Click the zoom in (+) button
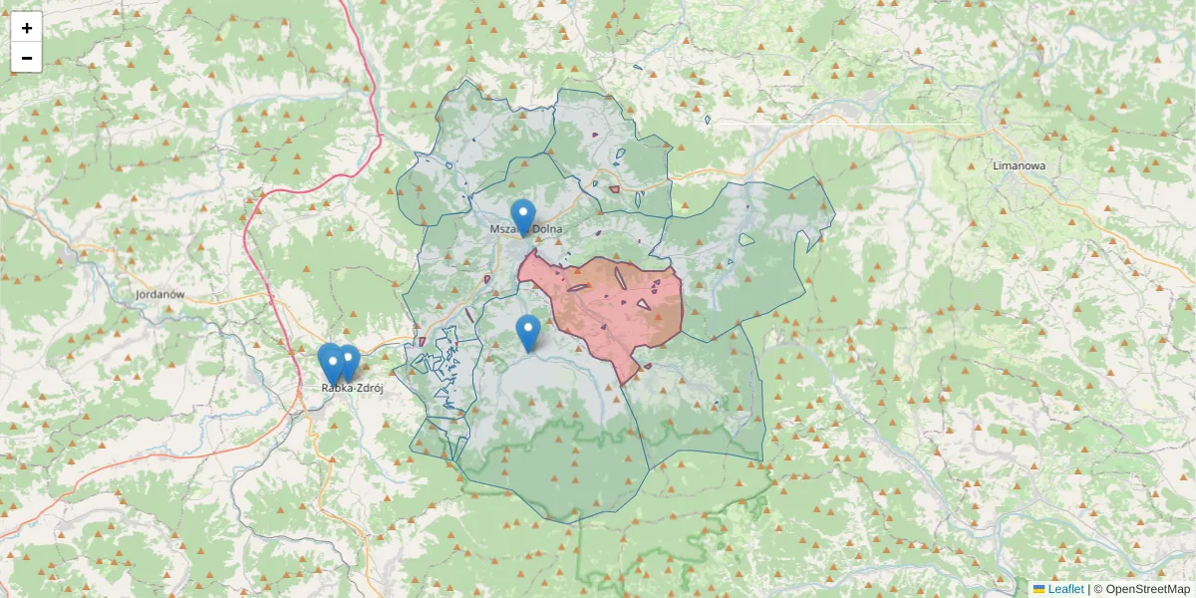pyautogui.click(x=27, y=28)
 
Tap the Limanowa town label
pyautogui.click(x=1019, y=166)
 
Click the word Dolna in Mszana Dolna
pyautogui.click(x=547, y=229)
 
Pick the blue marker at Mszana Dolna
pyautogui.click(x=522, y=216)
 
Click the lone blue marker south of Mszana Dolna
pyautogui.click(x=528, y=332)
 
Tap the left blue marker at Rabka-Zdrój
pyautogui.click(x=331, y=361)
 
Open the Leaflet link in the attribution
pyautogui.click(x=1065, y=589)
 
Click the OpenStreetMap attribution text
pyautogui.click(x=1147, y=589)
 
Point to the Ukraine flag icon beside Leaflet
pyautogui.click(x=1039, y=589)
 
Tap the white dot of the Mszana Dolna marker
pyautogui.click(x=522, y=211)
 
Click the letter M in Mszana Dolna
pyautogui.click(x=494, y=229)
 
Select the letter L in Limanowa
pyautogui.click(x=997, y=166)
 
